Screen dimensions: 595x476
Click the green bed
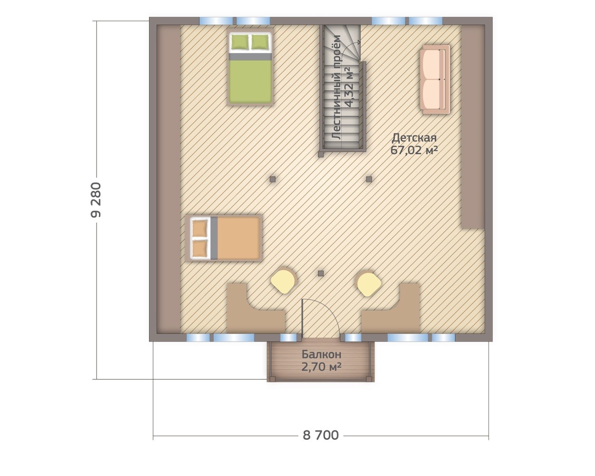250,68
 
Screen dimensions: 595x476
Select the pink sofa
435,80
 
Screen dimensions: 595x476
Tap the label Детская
414,138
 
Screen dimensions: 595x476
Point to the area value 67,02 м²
414,150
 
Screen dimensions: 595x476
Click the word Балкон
321,354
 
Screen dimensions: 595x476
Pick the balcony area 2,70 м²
321,367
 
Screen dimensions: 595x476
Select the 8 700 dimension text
320,435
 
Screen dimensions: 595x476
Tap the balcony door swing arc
330,309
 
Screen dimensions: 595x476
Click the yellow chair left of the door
283,282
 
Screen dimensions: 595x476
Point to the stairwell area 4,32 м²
349,87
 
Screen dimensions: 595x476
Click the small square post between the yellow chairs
321,273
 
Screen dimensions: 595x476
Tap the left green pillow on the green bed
240,42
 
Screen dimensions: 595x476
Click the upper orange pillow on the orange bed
199,229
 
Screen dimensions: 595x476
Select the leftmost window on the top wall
216,21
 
